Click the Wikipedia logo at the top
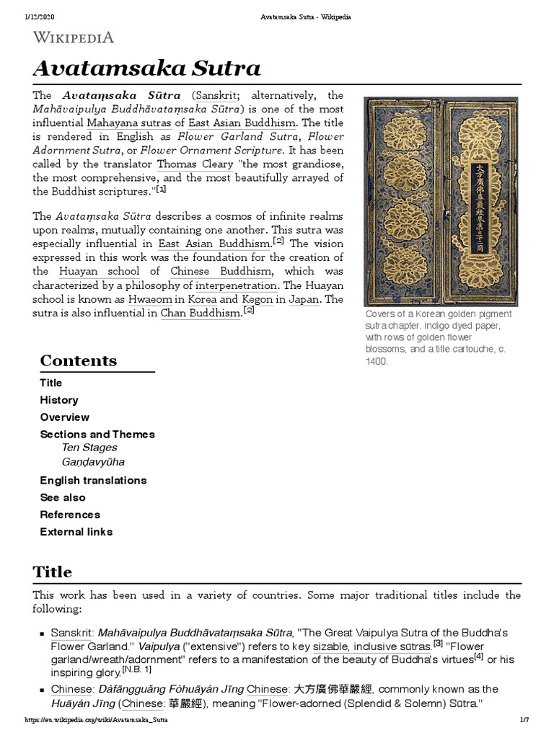coord(73,37)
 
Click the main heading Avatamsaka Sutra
coord(146,68)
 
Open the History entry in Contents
coord(59,400)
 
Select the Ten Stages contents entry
coord(89,448)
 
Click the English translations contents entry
coord(93,480)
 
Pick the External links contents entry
coord(76,532)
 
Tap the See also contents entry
coord(62,497)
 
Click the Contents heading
coord(78,360)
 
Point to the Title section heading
coord(52,572)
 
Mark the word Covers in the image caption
coord(379,314)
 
